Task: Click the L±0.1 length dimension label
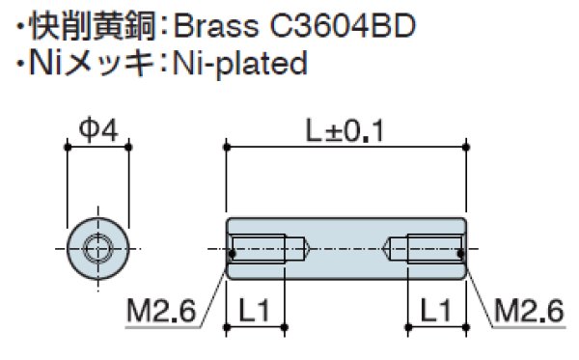(345, 128)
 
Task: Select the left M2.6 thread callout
(161, 311)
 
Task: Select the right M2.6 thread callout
(528, 311)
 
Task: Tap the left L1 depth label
(256, 311)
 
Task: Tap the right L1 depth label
(435, 311)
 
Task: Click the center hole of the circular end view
(96, 250)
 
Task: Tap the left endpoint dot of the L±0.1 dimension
(227, 147)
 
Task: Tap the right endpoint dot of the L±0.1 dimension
(466, 147)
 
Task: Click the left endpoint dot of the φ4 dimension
(67, 147)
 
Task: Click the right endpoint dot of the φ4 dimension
(127, 147)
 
